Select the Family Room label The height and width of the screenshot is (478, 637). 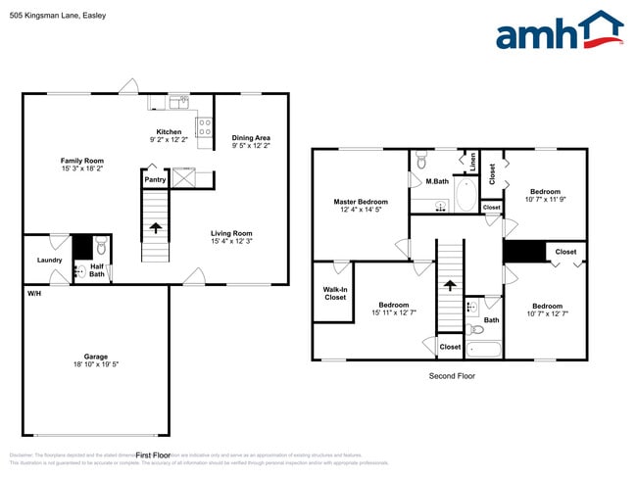[x=82, y=161]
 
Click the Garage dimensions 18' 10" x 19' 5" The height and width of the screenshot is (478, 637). [x=96, y=364]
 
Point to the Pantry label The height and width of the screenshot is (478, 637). [x=155, y=179]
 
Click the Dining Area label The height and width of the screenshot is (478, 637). [x=251, y=138]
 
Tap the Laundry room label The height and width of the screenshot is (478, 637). [x=50, y=260]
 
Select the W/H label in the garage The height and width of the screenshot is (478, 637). [x=34, y=294]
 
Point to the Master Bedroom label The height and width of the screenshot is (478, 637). [x=361, y=202]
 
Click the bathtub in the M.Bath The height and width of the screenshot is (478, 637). [x=465, y=196]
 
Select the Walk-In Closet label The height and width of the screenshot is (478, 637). [x=334, y=293]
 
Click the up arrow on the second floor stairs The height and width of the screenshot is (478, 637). [x=450, y=286]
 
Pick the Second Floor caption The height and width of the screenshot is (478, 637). [x=452, y=376]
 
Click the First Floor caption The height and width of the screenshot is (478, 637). [x=154, y=455]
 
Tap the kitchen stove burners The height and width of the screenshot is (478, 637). [x=206, y=125]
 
